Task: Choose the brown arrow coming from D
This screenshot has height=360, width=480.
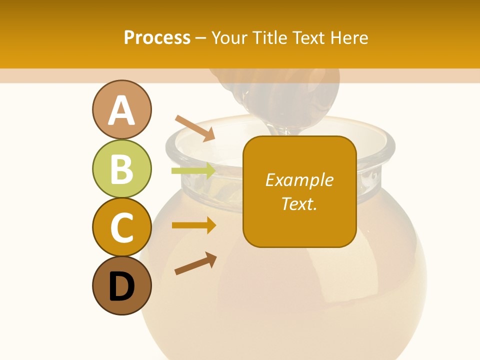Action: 195,263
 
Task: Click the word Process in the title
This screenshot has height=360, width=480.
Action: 157,37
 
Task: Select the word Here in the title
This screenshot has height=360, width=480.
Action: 350,37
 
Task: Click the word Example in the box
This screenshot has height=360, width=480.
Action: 299,180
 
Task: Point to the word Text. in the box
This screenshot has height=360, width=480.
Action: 299,203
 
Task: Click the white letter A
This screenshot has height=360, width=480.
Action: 121,111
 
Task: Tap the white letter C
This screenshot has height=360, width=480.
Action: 121,228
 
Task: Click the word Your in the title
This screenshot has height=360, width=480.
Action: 229,37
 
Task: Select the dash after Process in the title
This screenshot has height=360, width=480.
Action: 201,38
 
